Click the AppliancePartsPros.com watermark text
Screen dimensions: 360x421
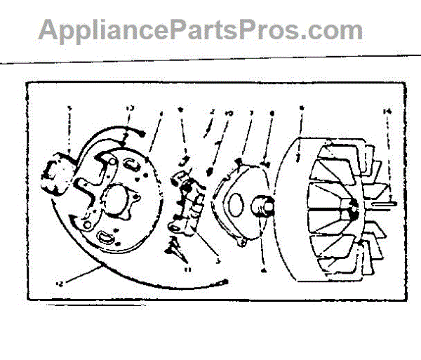pos(200,31)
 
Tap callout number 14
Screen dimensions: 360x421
pos(387,111)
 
